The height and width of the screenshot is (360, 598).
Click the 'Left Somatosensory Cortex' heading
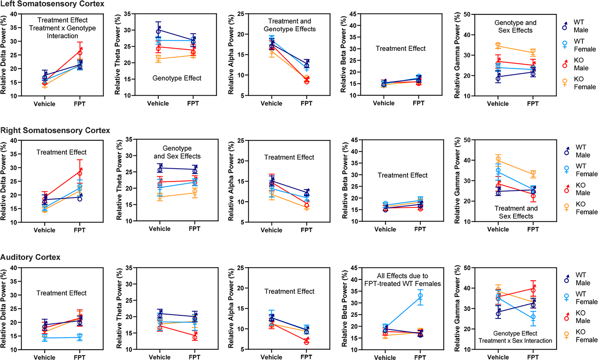pyautogui.click(x=52, y=4)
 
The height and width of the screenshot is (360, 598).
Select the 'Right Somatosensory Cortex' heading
pyautogui.click(x=55, y=130)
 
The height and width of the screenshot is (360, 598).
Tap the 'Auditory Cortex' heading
pyautogui.click(x=30, y=257)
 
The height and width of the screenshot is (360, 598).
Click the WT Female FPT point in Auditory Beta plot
pyautogui.click(x=420, y=296)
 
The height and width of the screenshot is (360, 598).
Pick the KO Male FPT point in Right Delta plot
pyautogui.click(x=80, y=173)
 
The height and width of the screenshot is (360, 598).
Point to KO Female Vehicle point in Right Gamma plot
pyautogui.click(x=498, y=160)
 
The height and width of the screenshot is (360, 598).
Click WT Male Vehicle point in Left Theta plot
pyautogui.click(x=158, y=31)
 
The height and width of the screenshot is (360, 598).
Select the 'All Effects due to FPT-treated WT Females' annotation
pyautogui.click(x=402, y=279)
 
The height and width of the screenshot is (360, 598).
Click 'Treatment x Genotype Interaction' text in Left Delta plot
pyautogui.click(x=63, y=32)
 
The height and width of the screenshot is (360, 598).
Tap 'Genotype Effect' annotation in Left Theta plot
pyautogui.click(x=177, y=78)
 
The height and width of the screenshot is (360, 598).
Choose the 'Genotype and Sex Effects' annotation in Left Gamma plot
pyautogui.click(x=515, y=26)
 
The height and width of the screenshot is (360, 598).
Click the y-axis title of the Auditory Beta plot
pyautogui.click(x=344, y=309)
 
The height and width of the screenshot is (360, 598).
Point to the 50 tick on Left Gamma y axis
pyautogui.click(x=467, y=15)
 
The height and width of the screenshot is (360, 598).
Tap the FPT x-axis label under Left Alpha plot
pyautogui.click(x=306, y=103)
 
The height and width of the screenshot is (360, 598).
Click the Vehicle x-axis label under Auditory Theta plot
pyautogui.click(x=159, y=357)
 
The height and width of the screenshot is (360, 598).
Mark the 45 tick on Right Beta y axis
pyautogui.click(x=354, y=140)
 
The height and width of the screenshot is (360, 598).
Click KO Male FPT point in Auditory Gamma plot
pyautogui.click(x=533, y=291)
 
